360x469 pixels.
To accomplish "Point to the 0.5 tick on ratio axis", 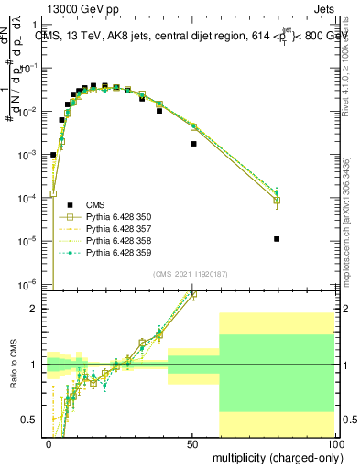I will click(x=34, y=420).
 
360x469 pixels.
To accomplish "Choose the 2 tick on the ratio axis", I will click(x=38, y=309).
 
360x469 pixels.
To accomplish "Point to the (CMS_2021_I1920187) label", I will click(x=191, y=273).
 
